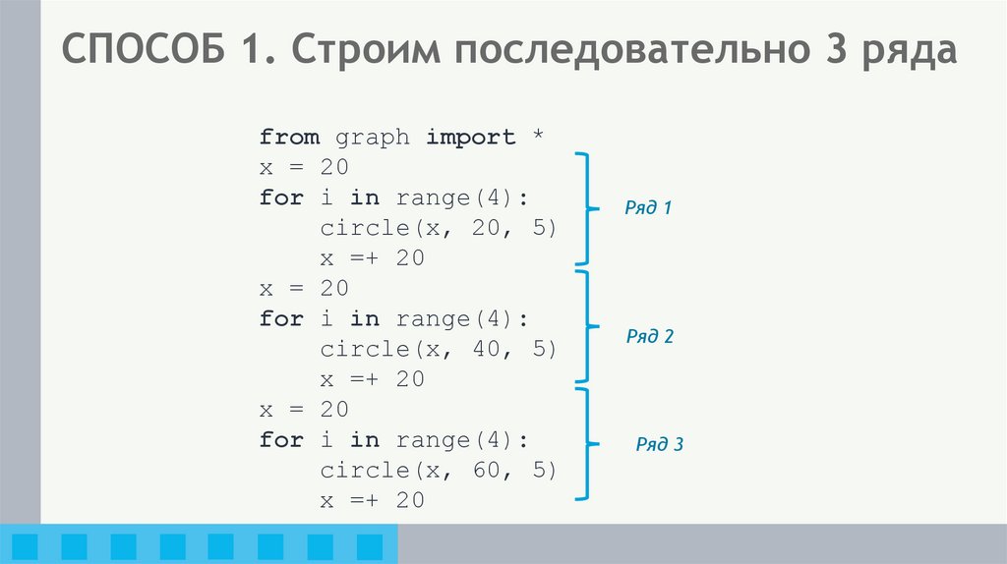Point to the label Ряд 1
point(648,208)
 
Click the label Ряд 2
point(650,336)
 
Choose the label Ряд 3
point(659,444)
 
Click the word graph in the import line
point(373,138)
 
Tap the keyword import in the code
point(471,138)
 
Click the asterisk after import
point(537,136)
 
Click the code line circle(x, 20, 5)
point(439,228)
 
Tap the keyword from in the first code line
point(289,138)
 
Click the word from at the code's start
point(289,138)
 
